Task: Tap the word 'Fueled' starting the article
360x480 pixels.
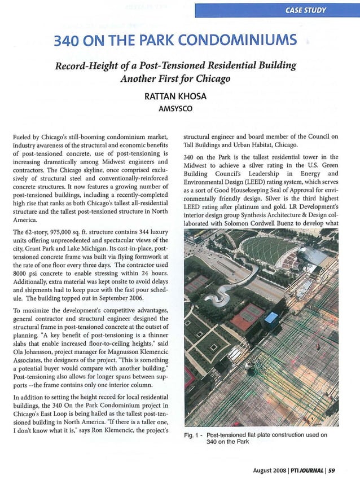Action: [23, 136]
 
